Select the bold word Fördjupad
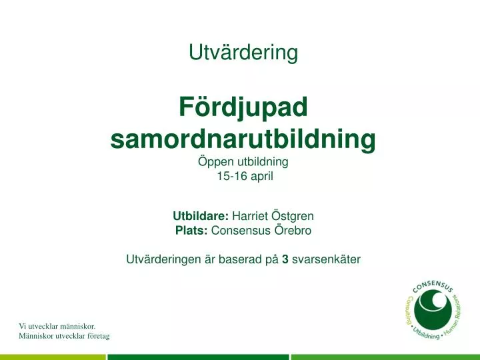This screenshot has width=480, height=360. (243, 107)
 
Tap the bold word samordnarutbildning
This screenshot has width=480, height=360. (243, 139)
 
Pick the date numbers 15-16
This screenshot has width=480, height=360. (230, 177)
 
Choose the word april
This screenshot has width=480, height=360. (261, 177)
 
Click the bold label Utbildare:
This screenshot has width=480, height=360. (201, 216)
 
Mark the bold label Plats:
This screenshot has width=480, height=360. (191, 231)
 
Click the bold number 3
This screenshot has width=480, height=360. (285, 260)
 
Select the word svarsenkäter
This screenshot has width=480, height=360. (326, 260)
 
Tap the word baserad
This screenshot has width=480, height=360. (240, 260)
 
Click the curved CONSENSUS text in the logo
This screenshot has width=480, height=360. (433, 287)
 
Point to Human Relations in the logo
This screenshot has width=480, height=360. (455, 319)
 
